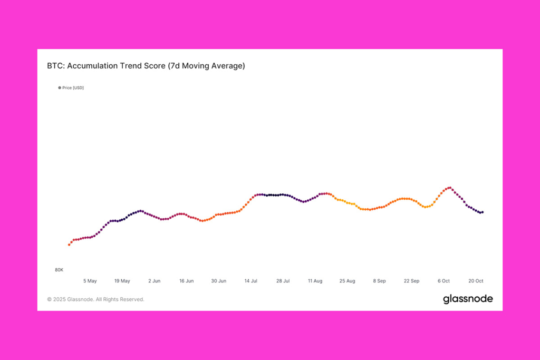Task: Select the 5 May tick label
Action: (x=90, y=281)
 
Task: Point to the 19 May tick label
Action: (x=122, y=281)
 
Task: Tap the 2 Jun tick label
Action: (x=155, y=281)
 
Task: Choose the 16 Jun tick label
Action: (x=186, y=281)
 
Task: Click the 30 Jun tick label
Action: (x=219, y=281)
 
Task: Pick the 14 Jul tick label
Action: (x=251, y=281)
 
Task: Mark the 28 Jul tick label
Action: (x=283, y=281)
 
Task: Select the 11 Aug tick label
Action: (x=315, y=281)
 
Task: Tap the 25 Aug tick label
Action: (x=348, y=281)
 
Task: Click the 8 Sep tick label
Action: (x=380, y=281)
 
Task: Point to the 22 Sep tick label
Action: (x=411, y=281)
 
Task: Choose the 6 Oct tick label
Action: (x=443, y=281)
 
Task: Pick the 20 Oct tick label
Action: (x=476, y=281)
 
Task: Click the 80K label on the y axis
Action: (x=59, y=270)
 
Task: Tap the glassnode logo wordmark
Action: (x=468, y=299)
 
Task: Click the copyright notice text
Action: (x=95, y=299)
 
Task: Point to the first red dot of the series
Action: (x=69, y=245)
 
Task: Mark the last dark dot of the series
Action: (x=483, y=212)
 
